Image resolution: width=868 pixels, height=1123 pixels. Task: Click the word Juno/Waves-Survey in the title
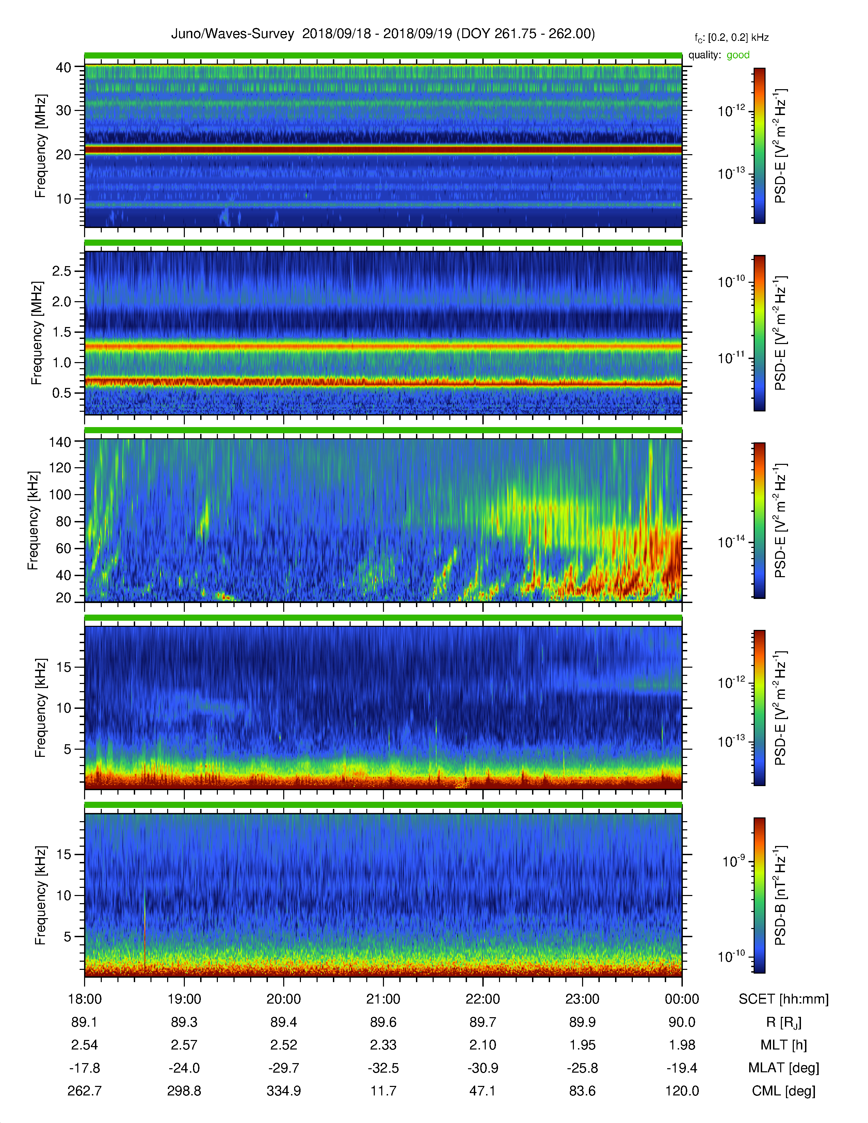[x=232, y=34]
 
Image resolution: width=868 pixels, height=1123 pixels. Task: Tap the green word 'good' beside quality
[x=738, y=55]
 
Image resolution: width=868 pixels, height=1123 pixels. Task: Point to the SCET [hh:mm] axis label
[x=784, y=999]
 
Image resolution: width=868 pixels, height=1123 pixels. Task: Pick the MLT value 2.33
[x=383, y=1045]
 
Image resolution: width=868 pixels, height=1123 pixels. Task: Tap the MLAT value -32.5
[x=383, y=1068]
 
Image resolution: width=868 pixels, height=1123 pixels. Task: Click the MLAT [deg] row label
[x=784, y=1068]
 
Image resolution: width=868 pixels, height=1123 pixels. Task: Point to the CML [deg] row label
[x=784, y=1091]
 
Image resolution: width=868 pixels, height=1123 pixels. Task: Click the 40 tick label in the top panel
[x=64, y=67]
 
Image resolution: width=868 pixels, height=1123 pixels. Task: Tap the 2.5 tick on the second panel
[x=62, y=271]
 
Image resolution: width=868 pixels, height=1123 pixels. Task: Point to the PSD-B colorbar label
[x=780, y=895]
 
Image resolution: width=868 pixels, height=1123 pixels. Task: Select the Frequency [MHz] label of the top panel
[x=41, y=146]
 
